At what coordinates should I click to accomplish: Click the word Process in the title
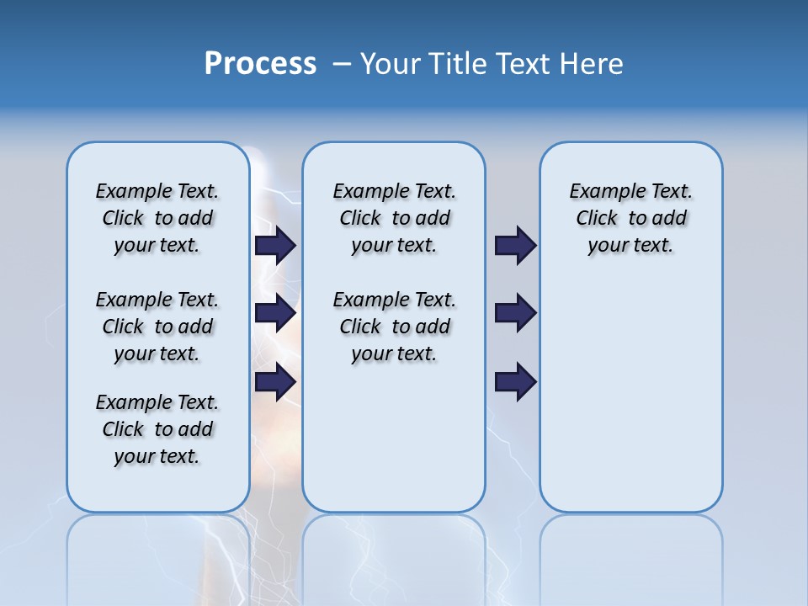point(260,64)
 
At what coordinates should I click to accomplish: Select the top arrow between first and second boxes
point(275,245)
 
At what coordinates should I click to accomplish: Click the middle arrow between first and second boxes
point(275,313)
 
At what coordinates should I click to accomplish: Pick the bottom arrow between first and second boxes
point(275,382)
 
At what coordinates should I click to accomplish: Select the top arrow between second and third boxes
point(516,245)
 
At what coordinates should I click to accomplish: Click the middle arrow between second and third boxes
point(516,313)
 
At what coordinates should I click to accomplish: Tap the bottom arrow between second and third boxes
point(516,382)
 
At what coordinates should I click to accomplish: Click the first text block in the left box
point(157,218)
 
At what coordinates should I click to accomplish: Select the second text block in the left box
point(157,327)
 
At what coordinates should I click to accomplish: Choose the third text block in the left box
point(157,429)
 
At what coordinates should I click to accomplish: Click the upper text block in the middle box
point(394,218)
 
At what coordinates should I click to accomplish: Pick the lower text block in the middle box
point(394,327)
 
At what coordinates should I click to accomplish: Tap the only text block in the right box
point(631,218)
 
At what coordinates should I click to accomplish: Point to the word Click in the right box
point(597,219)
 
